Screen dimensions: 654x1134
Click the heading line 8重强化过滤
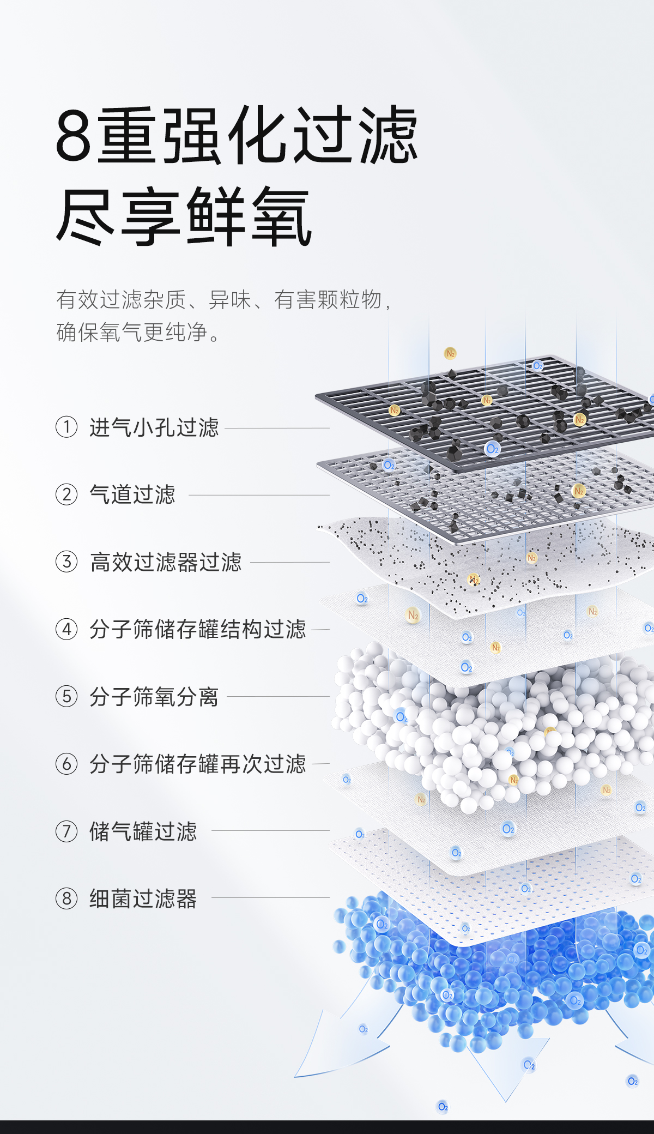coord(237,135)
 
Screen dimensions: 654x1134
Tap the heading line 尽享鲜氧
coord(184,216)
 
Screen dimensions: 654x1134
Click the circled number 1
coord(66,427)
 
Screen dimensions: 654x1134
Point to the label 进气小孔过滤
coord(154,427)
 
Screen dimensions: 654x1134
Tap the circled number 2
coord(66,494)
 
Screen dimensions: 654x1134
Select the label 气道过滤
coord(132,494)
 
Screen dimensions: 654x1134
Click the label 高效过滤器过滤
coord(165,562)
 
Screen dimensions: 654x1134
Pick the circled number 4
coord(66,629)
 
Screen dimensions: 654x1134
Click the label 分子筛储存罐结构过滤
coord(197,629)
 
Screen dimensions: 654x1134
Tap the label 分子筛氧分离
coord(154,697)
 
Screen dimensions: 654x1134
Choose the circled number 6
coord(66,764)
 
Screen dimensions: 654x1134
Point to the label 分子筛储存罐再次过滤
coord(197,764)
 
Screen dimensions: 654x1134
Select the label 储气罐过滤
coord(143,831)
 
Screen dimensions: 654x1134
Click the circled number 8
coord(66,898)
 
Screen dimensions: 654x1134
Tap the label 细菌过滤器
coord(143,898)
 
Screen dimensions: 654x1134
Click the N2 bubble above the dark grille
coord(450,353)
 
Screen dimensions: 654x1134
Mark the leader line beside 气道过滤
coord(259,495)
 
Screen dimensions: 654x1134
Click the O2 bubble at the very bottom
coord(443,1107)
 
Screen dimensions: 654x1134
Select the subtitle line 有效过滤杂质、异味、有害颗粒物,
coord(223,300)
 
